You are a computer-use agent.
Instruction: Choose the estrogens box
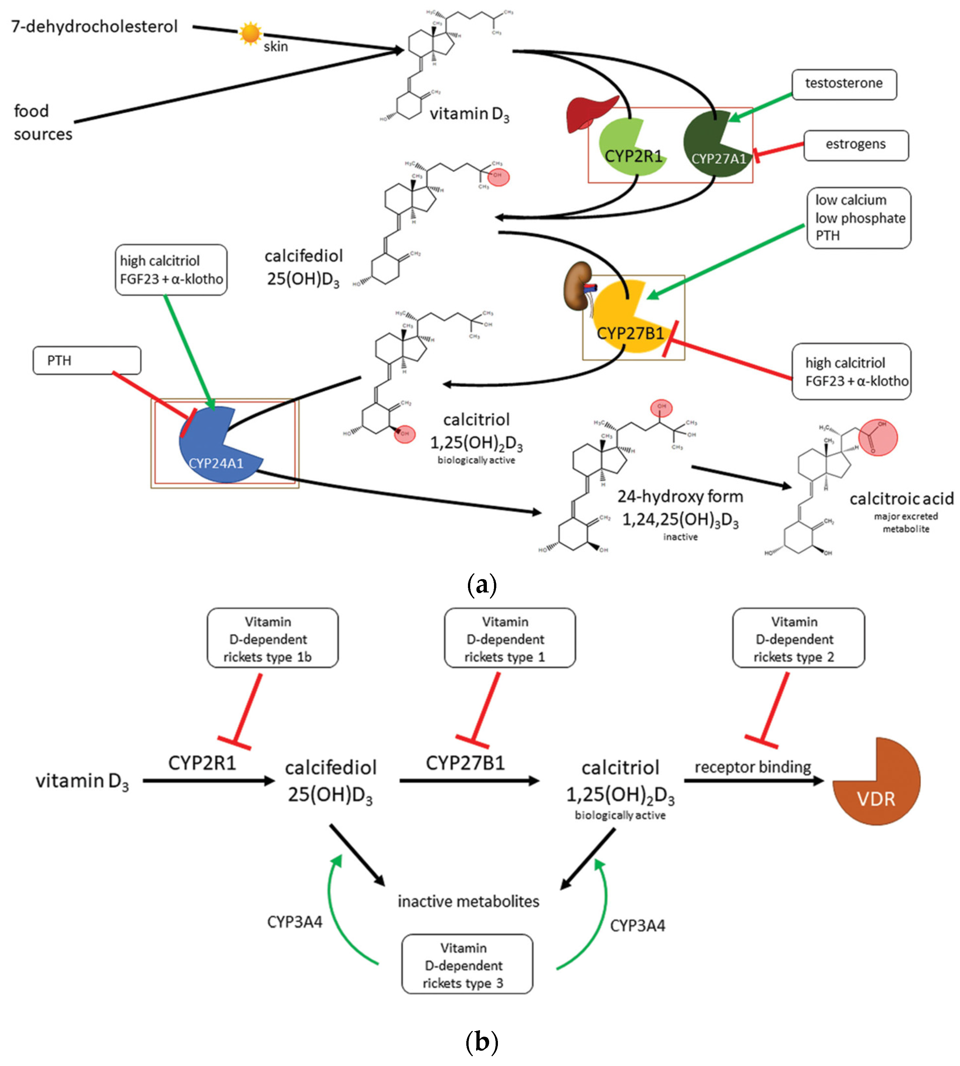(x=856, y=145)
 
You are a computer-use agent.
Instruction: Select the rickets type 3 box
(x=467, y=965)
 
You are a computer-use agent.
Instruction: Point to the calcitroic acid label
(x=901, y=499)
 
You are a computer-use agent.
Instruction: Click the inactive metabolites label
(x=468, y=902)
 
